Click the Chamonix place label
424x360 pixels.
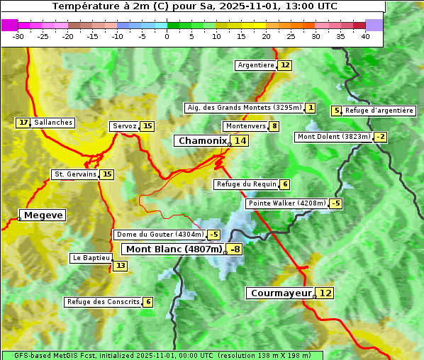point(202,141)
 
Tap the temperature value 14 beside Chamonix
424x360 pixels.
point(240,141)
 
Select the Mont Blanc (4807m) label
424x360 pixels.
point(174,249)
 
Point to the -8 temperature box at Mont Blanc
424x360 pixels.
point(234,249)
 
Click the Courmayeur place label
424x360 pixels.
point(281,293)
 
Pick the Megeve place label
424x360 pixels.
point(43,215)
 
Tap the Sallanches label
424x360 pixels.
point(53,123)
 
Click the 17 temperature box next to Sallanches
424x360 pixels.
point(23,123)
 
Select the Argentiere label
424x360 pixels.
point(256,65)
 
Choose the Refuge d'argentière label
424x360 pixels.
point(379,111)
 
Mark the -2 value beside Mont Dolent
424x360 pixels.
point(381,137)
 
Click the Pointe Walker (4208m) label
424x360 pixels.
point(286,203)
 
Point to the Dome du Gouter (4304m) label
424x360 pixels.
point(160,235)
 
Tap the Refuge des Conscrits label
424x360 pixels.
point(103,302)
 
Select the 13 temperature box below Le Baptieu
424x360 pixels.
point(121,266)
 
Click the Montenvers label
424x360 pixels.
point(245,126)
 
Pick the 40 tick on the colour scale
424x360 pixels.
point(365,36)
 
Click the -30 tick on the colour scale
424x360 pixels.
point(18,36)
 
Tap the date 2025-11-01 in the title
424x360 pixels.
point(252,6)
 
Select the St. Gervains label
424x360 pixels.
point(74,174)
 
